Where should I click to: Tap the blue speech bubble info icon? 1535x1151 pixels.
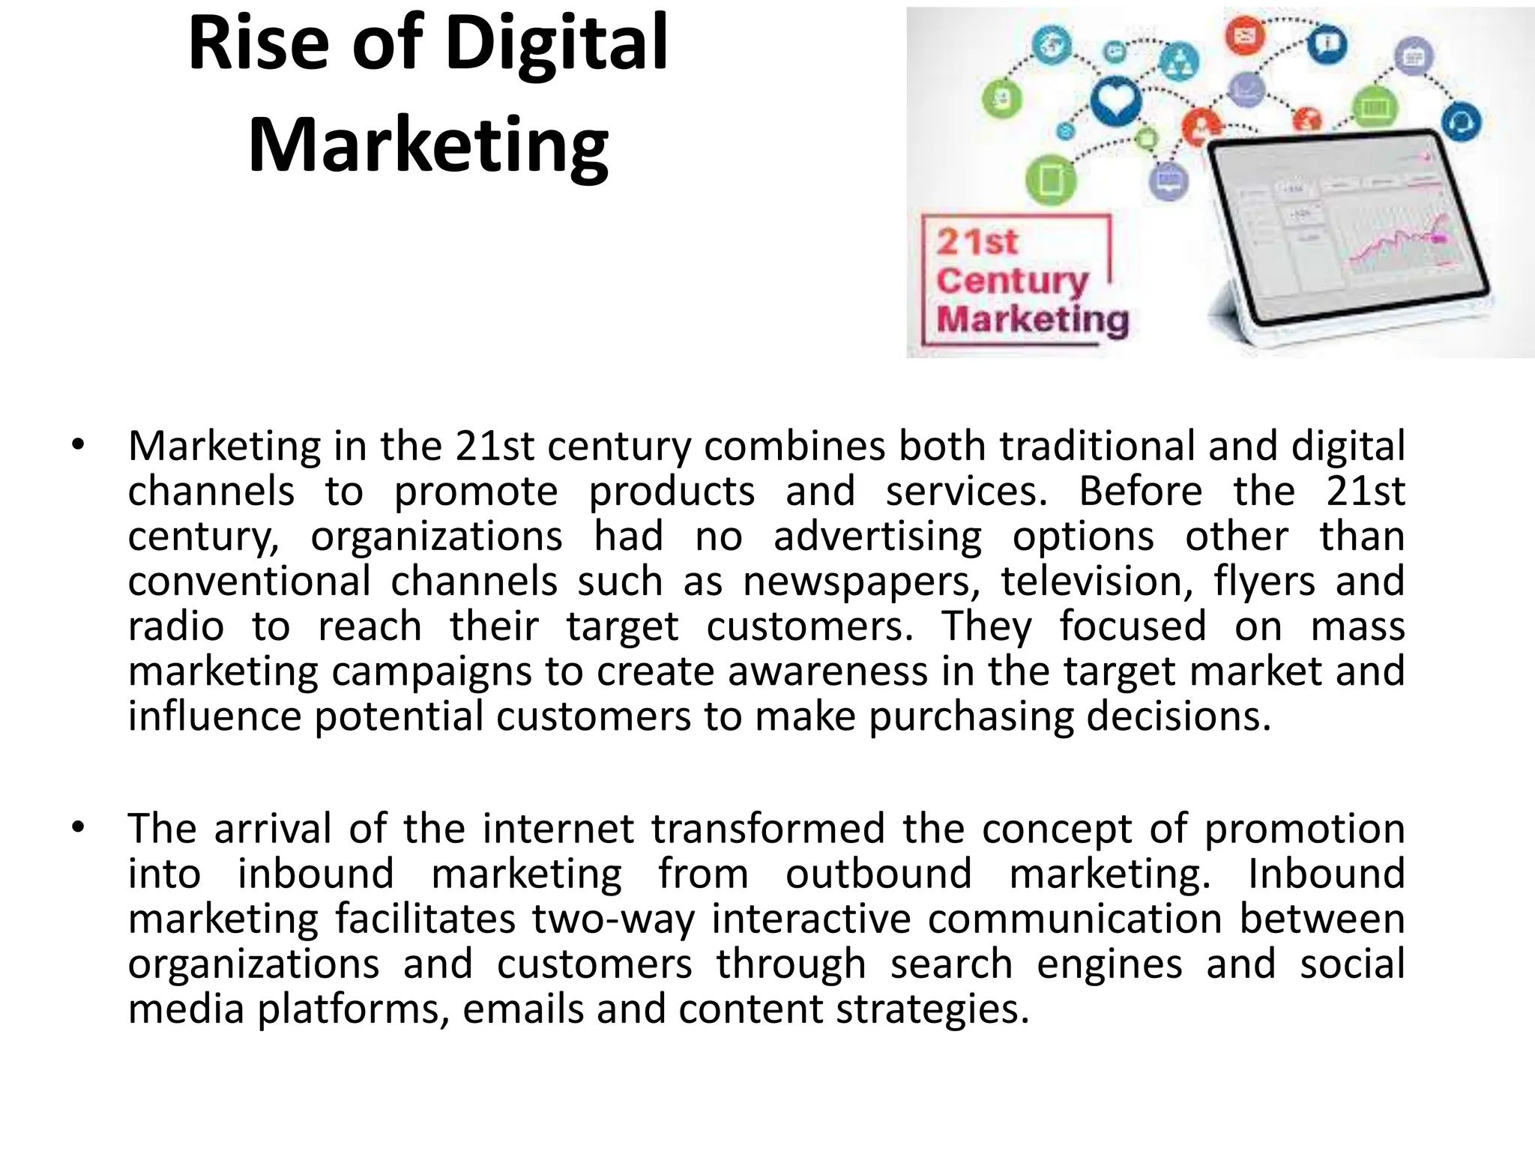(1327, 44)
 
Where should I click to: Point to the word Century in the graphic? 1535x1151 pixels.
(1012, 281)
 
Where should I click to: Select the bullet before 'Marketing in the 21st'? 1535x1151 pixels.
(78, 446)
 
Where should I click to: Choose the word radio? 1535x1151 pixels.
(175, 626)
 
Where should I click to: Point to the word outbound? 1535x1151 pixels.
(878, 874)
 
